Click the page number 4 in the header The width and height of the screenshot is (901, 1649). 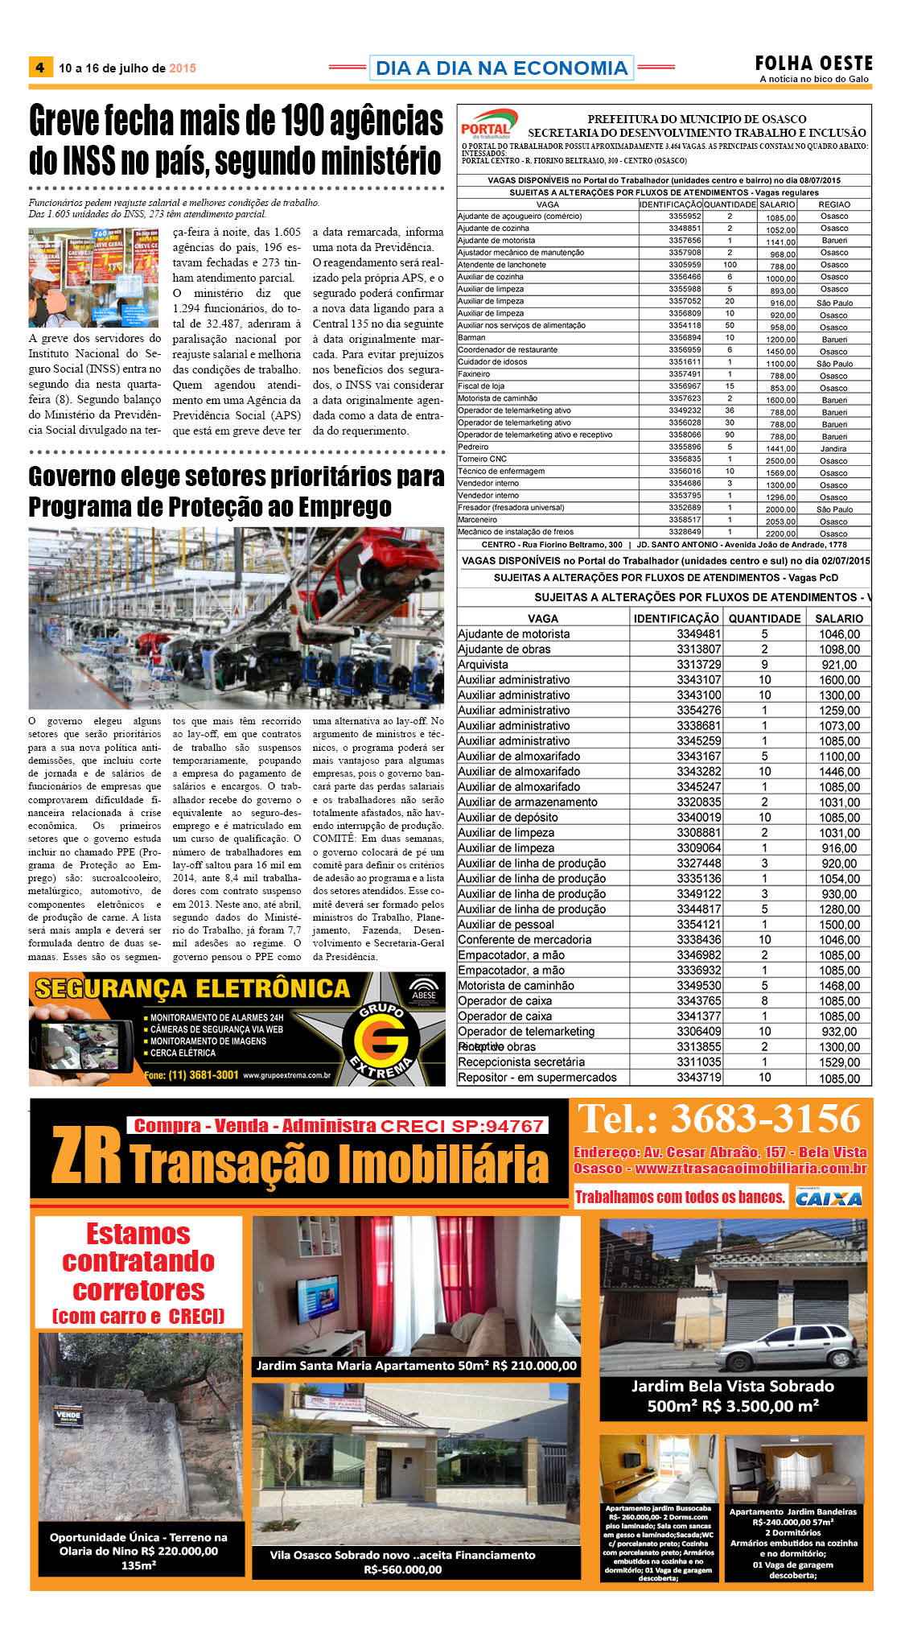pos(39,68)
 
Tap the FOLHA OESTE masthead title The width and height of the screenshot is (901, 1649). pos(813,63)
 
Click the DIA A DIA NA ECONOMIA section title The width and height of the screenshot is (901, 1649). pos(501,68)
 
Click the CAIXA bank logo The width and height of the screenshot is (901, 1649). pos(828,1198)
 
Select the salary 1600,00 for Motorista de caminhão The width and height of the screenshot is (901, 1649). pos(780,400)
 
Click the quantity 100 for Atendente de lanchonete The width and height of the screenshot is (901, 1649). pos(730,265)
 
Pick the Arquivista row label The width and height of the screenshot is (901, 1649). pos(483,665)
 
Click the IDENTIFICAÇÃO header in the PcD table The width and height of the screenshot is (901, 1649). pos(676,618)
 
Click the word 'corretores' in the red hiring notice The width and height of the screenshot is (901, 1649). pos(138,1290)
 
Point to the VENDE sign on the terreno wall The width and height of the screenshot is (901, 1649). pos(68,1414)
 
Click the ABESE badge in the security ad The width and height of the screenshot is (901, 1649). pos(424,991)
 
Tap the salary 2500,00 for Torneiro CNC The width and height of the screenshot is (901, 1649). pos(780,461)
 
